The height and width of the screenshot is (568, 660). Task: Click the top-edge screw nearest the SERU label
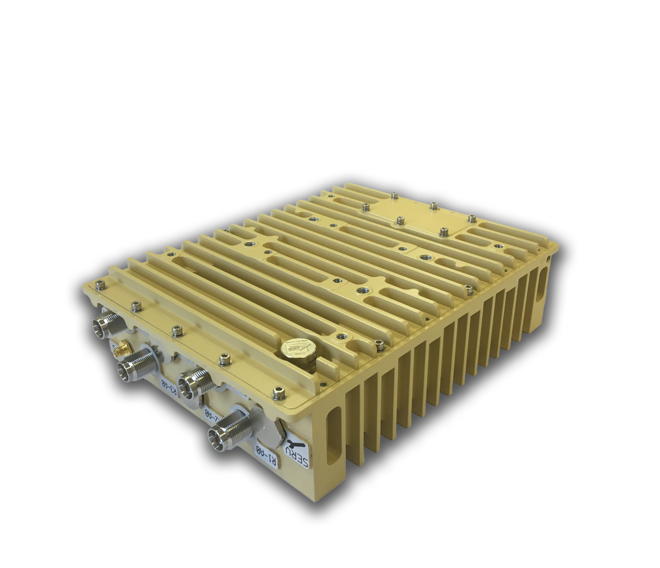click(277, 391)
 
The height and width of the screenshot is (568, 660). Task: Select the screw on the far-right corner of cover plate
click(472, 217)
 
